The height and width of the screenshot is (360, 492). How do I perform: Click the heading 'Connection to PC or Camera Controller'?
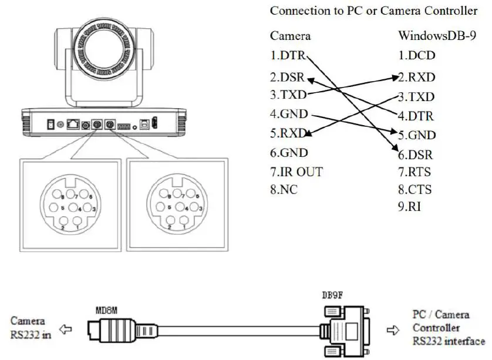pos(373,11)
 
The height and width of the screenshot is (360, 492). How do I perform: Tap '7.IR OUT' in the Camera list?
pos(296,172)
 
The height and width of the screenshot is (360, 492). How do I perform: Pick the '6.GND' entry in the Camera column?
pos(289,153)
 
